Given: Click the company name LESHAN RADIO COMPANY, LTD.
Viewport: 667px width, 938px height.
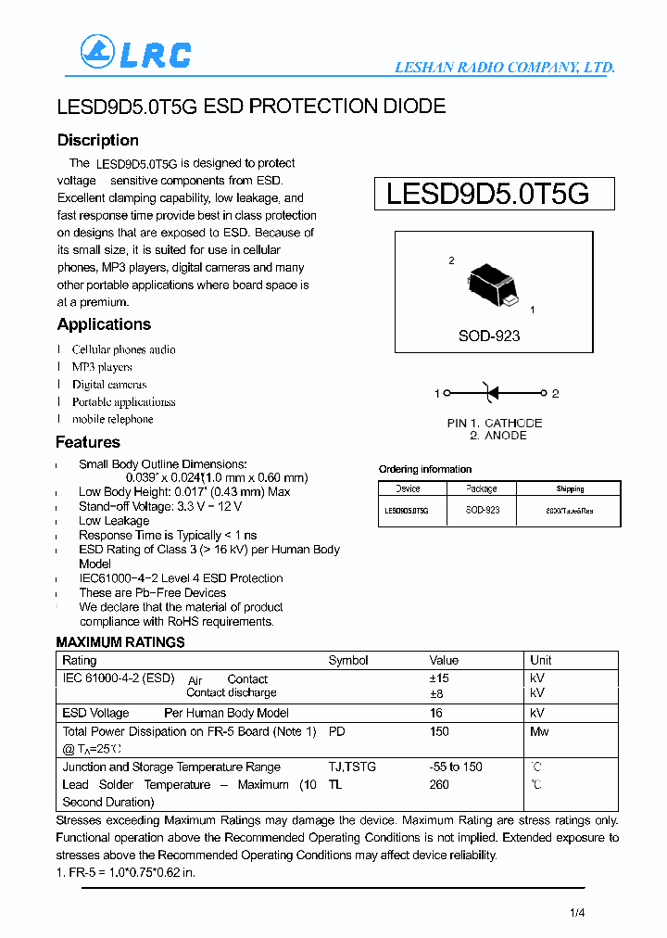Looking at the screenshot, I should point(504,68).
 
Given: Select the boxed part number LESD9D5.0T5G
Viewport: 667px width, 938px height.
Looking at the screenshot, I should point(487,195).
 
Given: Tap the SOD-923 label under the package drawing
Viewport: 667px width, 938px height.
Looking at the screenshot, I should point(488,336).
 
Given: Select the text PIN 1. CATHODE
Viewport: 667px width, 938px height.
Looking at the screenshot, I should point(494,423).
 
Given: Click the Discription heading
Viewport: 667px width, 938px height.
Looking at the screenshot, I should point(97,141).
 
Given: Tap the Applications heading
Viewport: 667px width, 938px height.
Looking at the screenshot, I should point(104,324).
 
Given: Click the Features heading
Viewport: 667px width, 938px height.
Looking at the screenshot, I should point(88,442).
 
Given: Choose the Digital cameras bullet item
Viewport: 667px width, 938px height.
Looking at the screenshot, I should point(109,385).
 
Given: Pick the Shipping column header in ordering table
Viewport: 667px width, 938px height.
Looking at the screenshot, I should point(570,488).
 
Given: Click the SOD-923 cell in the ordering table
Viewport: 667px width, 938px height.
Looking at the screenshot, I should point(482,511).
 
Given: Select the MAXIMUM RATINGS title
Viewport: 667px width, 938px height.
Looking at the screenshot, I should point(120,642).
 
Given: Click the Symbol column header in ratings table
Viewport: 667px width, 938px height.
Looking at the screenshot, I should point(348,660).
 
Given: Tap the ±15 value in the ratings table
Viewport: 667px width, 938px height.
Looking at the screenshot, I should point(439,678).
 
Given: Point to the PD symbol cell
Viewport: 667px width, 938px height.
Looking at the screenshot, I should point(336,731).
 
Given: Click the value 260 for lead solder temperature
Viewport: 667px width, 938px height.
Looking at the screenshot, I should point(439,784).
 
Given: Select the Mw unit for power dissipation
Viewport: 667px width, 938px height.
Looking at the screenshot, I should point(538,731).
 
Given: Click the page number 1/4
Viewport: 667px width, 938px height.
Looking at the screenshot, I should point(577,913).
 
